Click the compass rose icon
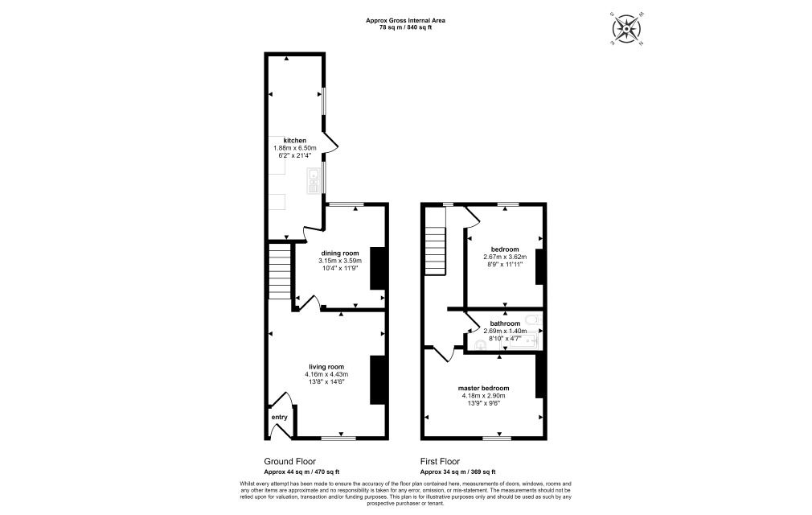[627, 29]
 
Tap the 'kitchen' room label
[295, 141]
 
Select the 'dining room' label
[340, 253]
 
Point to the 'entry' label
[279, 417]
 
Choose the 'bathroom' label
[504, 323]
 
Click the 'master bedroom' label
[485, 387]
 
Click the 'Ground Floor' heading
[289, 461]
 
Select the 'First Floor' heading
[441, 461]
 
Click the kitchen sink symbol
[312, 182]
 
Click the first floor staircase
[434, 249]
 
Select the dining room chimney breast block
[377, 268]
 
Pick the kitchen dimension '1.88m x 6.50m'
[295, 148]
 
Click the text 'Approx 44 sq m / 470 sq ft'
[301, 472]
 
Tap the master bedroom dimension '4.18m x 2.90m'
[485, 395]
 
